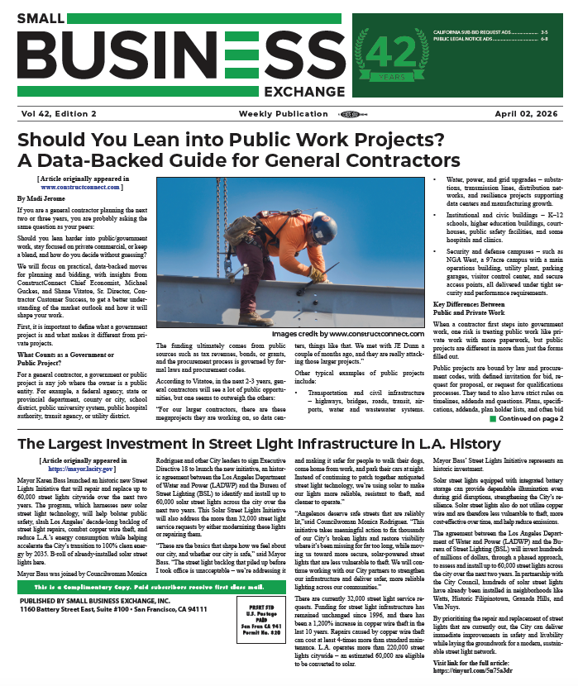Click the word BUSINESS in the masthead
[x=169, y=59]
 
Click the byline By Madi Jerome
[x=40, y=199]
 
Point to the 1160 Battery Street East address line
[x=112, y=655]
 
